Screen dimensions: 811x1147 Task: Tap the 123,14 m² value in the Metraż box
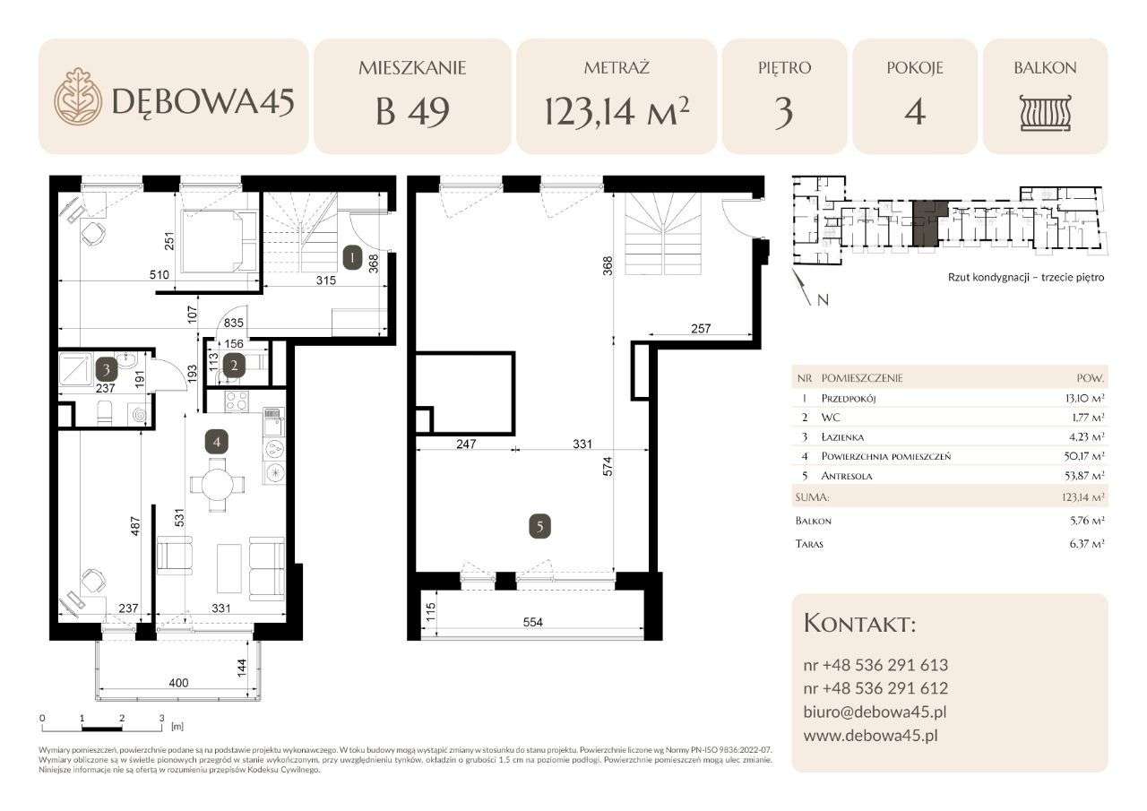pos(617,112)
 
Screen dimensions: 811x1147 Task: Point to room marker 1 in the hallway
pos(353,259)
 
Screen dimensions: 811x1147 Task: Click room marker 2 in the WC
pos(235,365)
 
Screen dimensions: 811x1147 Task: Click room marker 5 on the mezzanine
pos(539,527)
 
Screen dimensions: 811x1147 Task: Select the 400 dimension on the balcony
pos(178,683)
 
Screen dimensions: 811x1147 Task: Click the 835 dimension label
pos(235,324)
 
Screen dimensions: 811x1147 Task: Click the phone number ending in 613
pos(875,665)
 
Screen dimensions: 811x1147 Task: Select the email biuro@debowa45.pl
pos(875,712)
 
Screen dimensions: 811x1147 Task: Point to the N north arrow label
pos(823,301)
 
